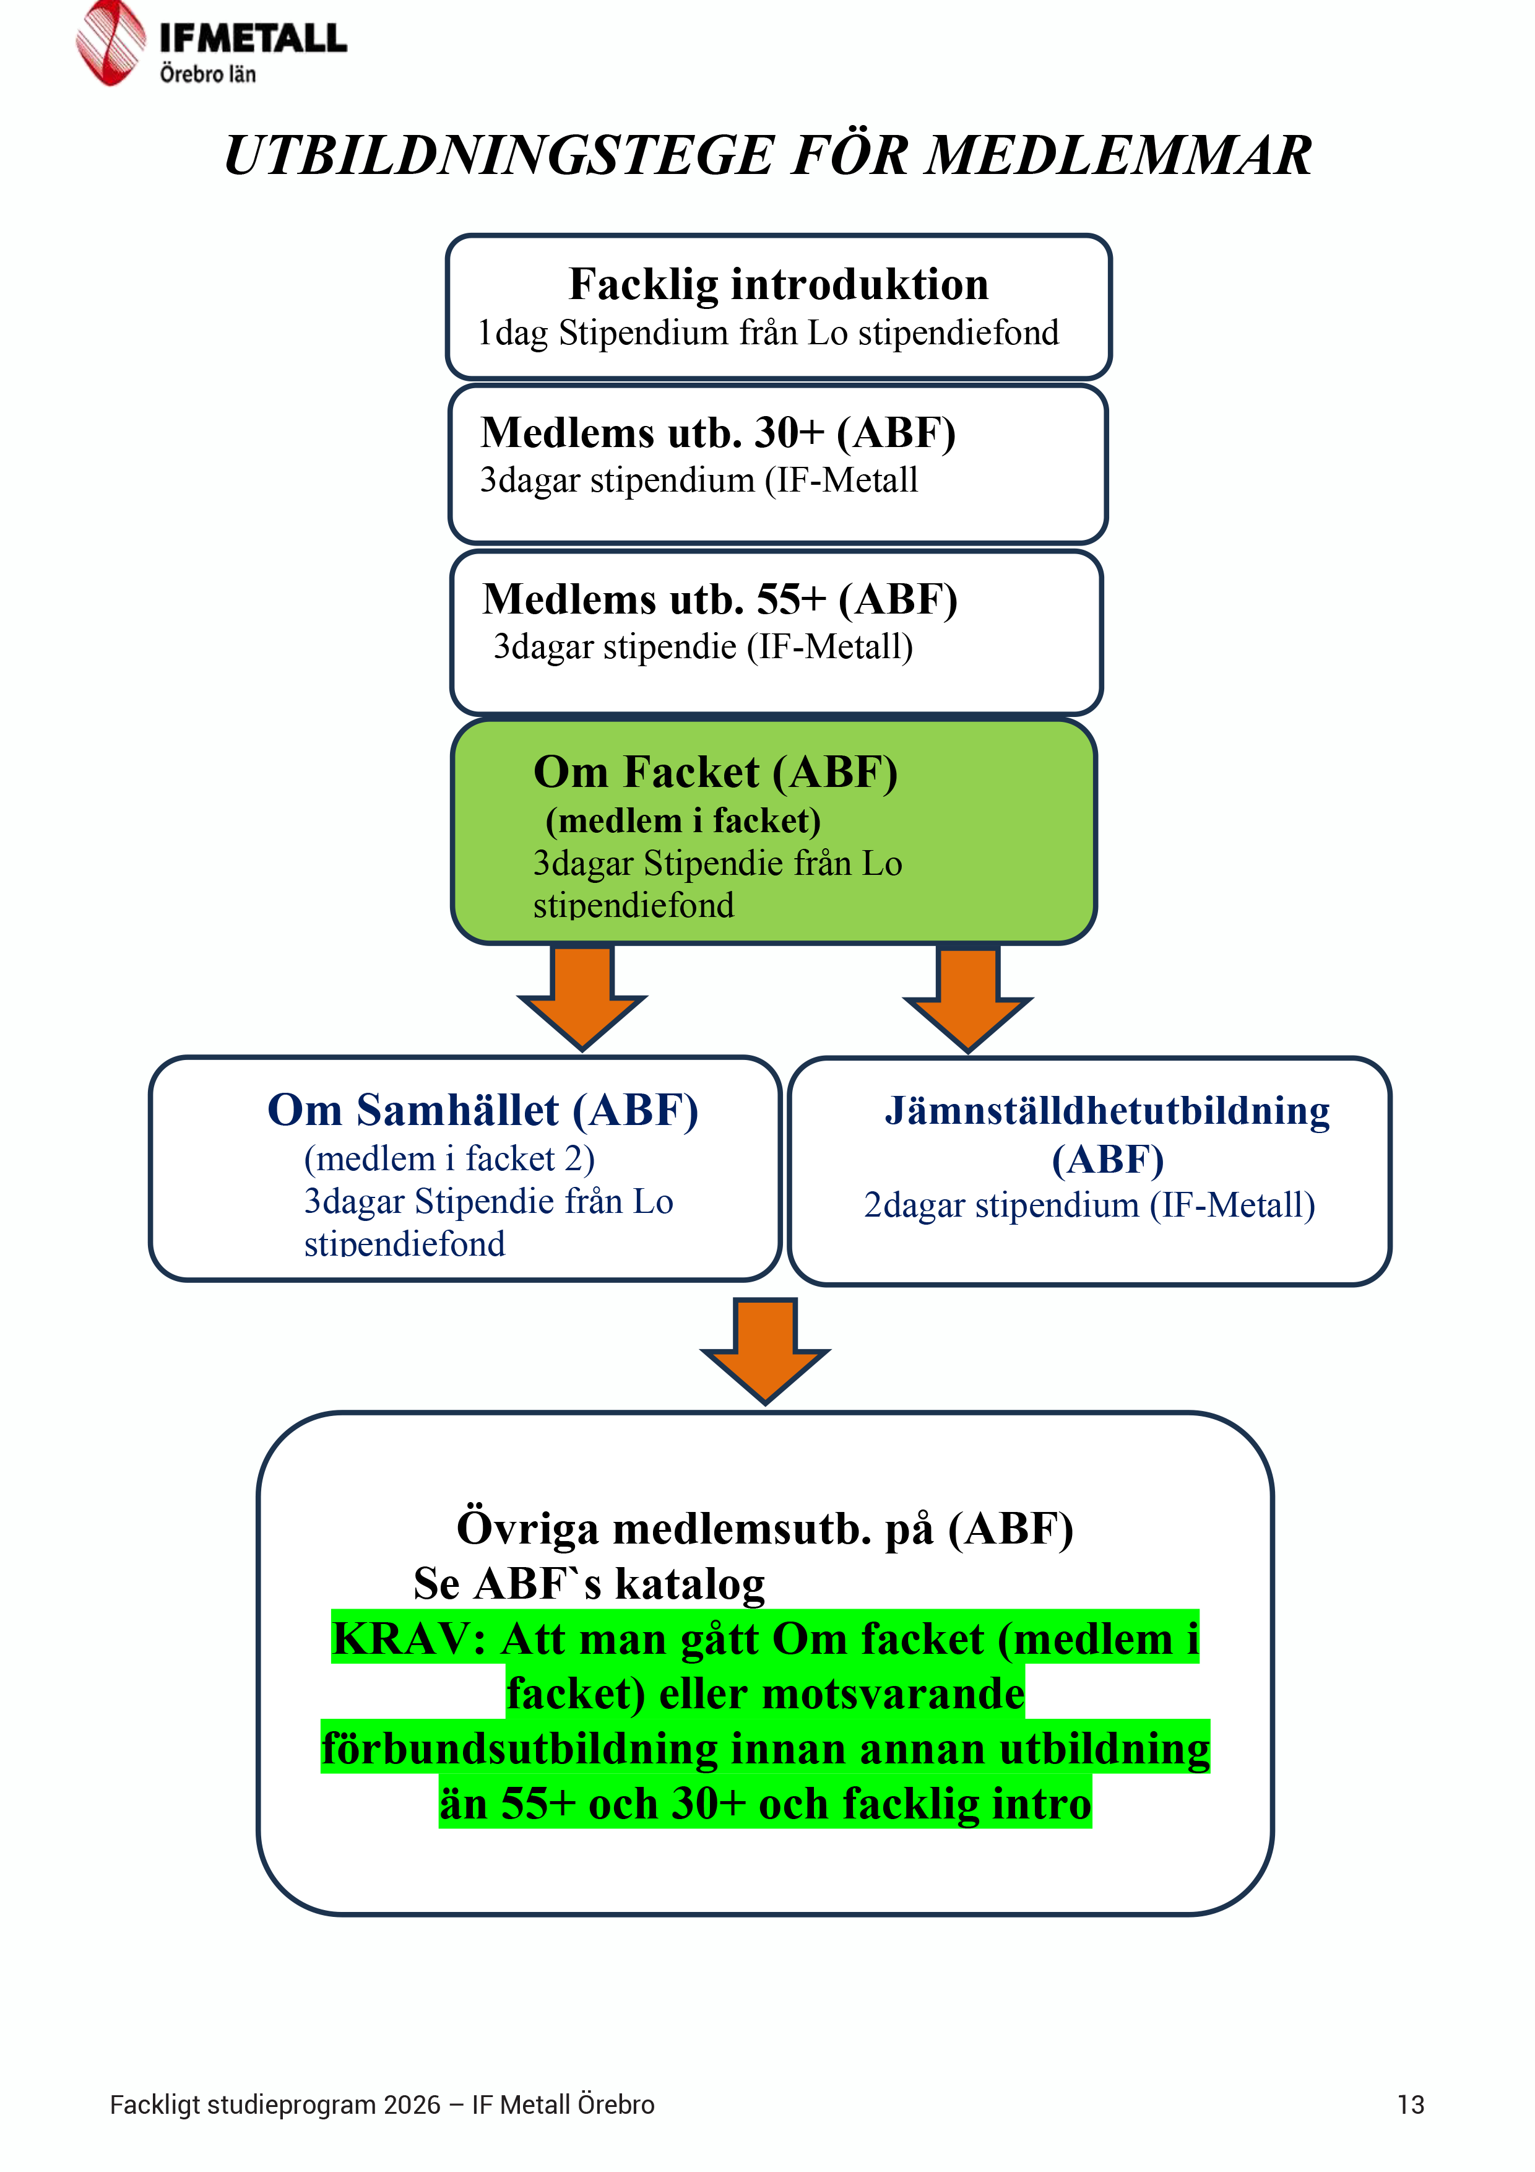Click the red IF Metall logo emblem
pyautogui.click(x=111, y=43)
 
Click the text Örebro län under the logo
pyautogui.click(x=207, y=74)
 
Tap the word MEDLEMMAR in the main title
pyautogui.click(x=1118, y=155)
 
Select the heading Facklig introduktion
pyautogui.click(x=779, y=285)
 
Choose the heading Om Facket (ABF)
pyautogui.click(x=715, y=772)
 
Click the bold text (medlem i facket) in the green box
pyautogui.click(x=683, y=821)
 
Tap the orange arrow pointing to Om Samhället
pyautogui.click(x=582, y=997)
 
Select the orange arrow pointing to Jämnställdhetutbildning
pyautogui.click(x=967, y=998)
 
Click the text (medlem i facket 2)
pyautogui.click(x=449, y=1159)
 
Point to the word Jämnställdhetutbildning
pyautogui.click(x=1107, y=1111)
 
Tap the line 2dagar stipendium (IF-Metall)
pyautogui.click(x=1089, y=1205)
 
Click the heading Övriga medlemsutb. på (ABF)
pyautogui.click(x=765, y=1529)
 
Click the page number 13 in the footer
pyautogui.click(x=1410, y=2105)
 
